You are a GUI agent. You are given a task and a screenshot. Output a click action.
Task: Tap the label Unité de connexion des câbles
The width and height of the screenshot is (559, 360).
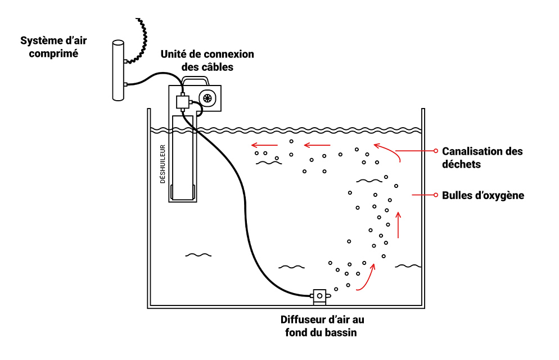pos(207,60)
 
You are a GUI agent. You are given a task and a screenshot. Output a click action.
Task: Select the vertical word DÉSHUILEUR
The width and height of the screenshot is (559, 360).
pos(163,165)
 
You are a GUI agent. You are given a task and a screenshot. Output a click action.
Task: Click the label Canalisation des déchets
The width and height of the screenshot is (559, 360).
pos(482,157)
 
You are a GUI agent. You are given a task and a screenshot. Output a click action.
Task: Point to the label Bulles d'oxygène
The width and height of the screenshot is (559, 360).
pos(483,195)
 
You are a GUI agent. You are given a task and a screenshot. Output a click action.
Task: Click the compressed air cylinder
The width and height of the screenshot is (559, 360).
pos(118,70)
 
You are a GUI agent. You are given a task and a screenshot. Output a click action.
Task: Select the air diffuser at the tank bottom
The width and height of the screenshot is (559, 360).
pos(319,296)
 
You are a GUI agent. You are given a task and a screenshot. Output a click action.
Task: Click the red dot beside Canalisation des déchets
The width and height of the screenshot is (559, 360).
pos(435,151)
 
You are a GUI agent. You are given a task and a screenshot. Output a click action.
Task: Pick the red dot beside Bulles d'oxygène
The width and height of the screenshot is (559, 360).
pos(435,195)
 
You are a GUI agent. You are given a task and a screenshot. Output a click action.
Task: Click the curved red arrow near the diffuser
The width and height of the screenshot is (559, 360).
pos(366,278)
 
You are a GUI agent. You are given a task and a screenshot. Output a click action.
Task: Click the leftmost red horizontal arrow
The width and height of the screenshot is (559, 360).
pos(264,144)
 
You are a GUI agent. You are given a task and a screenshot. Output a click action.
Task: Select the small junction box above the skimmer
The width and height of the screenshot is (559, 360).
pos(182,102)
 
